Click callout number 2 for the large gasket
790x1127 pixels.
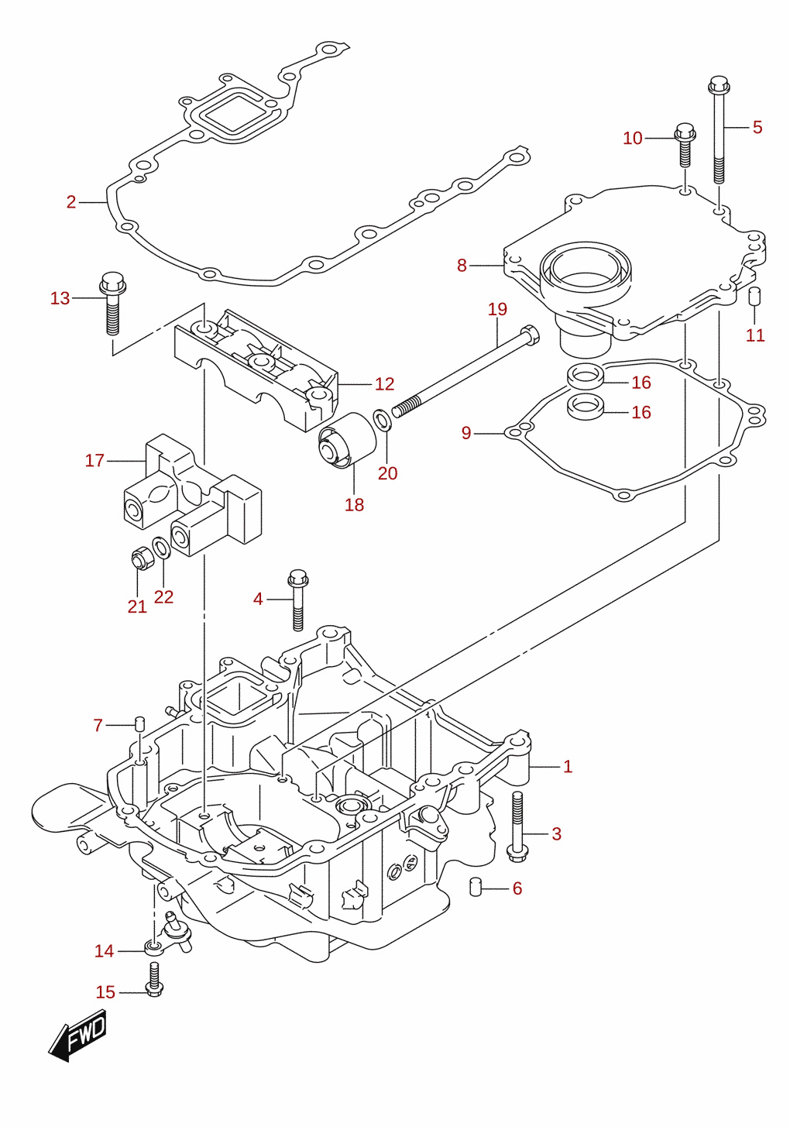[71, 202]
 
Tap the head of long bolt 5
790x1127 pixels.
[719, 85]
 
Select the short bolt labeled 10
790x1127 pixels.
[685, 145]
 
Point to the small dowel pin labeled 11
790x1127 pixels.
[754, 297]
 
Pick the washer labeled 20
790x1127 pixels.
[382, 420]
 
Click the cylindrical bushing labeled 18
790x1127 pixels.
[347, 442]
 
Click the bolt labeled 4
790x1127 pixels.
[298, 600]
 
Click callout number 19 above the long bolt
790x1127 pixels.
[497, 309]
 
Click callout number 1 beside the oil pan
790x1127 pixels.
[568, 767]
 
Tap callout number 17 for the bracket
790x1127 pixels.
[94, 460]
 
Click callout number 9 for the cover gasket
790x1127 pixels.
[466, 433]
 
